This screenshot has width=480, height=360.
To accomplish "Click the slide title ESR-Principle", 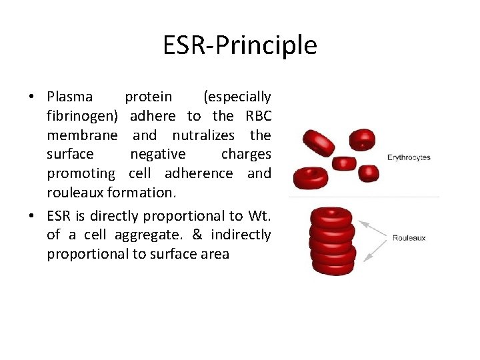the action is click(240, 45).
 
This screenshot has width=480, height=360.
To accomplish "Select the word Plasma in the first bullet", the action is click(70, 97).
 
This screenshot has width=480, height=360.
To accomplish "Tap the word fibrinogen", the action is click(82, 116).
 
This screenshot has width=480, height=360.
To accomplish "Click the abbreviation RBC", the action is click(259, 116).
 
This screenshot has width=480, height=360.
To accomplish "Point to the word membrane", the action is click(82, 135).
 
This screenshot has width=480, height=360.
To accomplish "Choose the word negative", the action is click(158, 154).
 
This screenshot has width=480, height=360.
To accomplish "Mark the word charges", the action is click(246, 154).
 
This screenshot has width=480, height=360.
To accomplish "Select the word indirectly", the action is click(241, 235).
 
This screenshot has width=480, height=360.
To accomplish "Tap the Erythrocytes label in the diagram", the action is click(409, 158).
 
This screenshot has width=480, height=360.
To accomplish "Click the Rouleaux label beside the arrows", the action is click(409, 238).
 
